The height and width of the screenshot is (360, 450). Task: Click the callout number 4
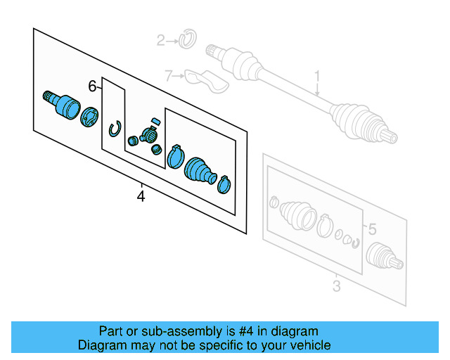click(141, 196)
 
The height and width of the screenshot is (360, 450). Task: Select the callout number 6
click(93, 86)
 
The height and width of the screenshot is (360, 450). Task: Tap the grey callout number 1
click(317, 76)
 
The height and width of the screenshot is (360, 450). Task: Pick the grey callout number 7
click(168, 75)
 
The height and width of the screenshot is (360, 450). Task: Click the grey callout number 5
click(373, 229)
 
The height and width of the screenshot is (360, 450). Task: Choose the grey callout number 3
click(337, 286)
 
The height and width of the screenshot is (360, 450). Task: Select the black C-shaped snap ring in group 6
click(115, 128)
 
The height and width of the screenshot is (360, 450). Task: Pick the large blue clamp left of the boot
click(175, 156)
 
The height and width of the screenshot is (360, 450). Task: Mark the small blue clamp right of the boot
click(224, 184)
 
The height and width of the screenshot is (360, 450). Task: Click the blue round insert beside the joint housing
click(89, 117)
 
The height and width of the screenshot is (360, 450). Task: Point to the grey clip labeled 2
click(187, 39)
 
